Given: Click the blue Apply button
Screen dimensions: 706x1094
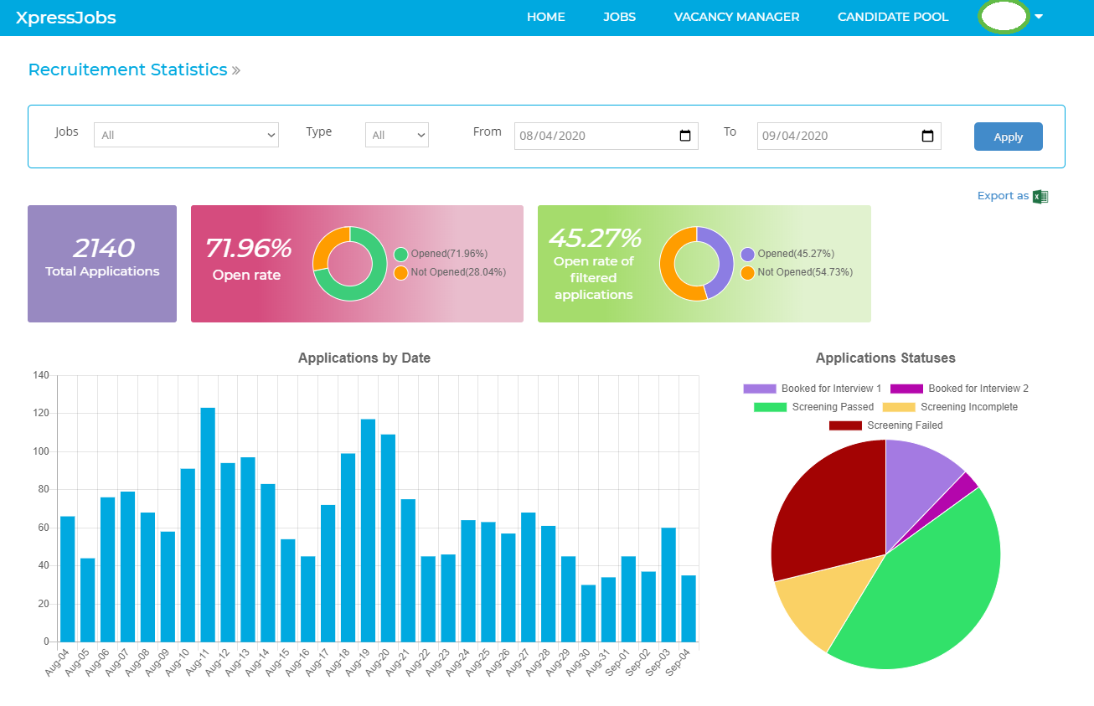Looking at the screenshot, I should click(1008, 137).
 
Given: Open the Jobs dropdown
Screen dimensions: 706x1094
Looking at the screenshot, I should click(186, 135).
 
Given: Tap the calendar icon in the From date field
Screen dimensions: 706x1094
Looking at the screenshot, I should click(684, 136).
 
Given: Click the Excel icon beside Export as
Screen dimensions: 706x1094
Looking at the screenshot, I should click(1040, 196).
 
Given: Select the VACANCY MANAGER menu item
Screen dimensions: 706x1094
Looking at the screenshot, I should click(736, 17).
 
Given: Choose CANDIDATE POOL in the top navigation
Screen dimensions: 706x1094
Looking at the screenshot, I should click(893, 17).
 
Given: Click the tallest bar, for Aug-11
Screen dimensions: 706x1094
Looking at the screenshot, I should click(208, 524).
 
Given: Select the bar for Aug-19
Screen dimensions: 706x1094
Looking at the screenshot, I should click(368, 530).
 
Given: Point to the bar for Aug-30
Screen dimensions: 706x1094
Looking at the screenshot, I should click(588, 613).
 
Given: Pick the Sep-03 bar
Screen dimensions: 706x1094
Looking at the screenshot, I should click(668, 585).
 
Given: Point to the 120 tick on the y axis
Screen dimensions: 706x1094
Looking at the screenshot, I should click(41, 413).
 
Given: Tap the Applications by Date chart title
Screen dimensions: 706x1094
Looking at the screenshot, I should click(364, 358).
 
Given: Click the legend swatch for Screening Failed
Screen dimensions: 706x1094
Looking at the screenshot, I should click(845, 425).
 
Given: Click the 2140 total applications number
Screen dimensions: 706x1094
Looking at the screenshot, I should click(103, 248).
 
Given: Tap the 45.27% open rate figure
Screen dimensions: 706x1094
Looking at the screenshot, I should click(595, 239).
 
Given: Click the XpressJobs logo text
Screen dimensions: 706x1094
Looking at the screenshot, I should click(66, 18).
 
